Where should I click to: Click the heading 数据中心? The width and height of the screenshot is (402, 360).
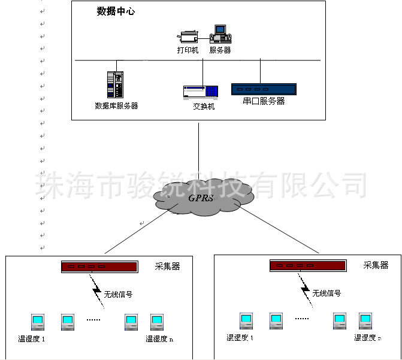(116, 11)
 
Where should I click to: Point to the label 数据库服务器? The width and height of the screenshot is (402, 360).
(116, 106)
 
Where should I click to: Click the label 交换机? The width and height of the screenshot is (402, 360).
(204, 107)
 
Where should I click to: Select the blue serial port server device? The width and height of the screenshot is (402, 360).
(264, 90)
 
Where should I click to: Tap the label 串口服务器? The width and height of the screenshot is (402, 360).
(264, 102)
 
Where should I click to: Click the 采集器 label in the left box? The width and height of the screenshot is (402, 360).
(167, 266)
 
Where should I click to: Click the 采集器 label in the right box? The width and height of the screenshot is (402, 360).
(376, 265)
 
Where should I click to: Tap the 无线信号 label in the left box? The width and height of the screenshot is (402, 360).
(118, 294)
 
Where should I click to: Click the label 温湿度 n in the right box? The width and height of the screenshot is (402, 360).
(365, 338)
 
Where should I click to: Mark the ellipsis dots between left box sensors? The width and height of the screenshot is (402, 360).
(93, 321)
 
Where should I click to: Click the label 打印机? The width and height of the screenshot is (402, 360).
(188, 50)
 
